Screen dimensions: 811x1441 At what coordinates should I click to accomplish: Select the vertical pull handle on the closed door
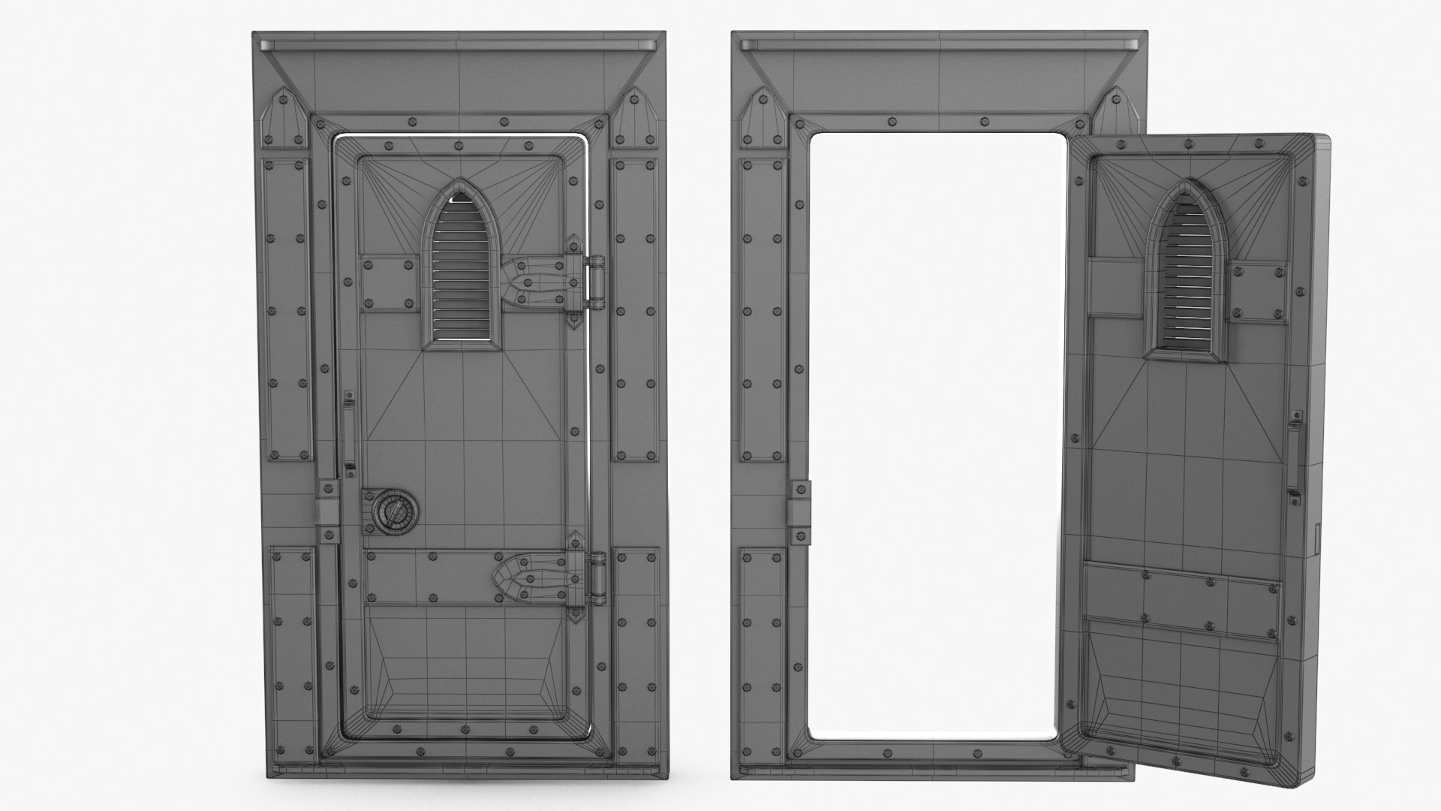pos(349,433)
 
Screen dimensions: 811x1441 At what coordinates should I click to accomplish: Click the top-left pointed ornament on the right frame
pos(763,120)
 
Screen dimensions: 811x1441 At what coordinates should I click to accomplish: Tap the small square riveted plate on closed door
pos(389,282)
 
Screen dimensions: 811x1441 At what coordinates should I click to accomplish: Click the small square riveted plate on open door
pos(1259,292)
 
